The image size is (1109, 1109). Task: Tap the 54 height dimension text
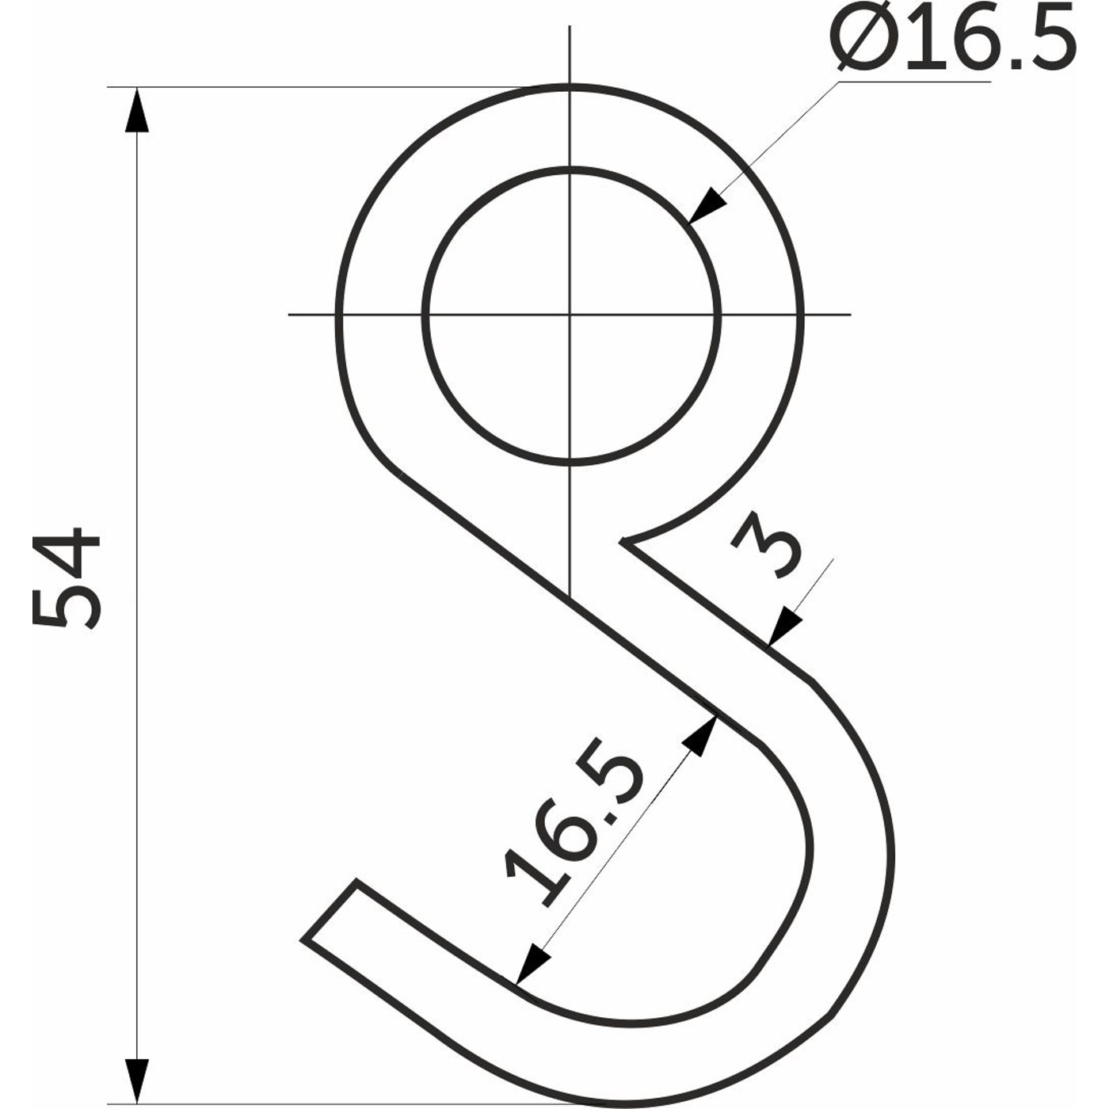coord(67,577)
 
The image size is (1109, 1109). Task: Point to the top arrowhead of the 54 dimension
coord(136,109)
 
